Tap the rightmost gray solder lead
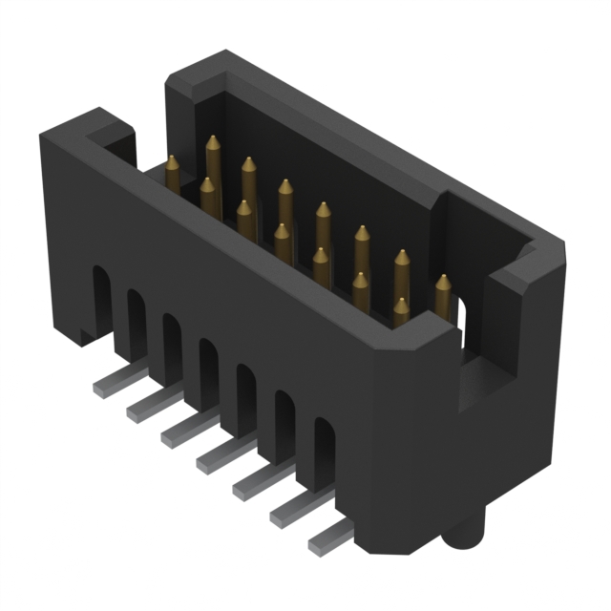pyautogui.click(x=326, y=540)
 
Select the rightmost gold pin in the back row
pyautogui.click(x=442, y=296)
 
